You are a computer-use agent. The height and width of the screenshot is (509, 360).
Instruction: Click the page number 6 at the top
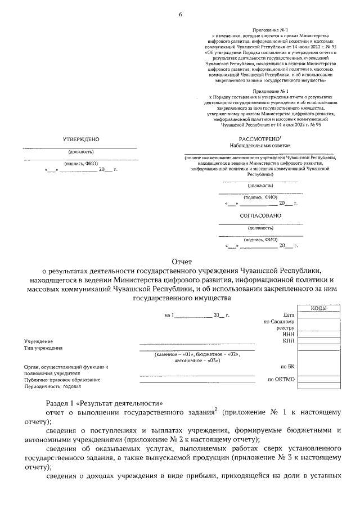[x=181, y=14]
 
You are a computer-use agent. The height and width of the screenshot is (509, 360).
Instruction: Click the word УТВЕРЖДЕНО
[x=81, y=138]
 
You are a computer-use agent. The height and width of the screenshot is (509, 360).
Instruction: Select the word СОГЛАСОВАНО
[x=260, y=215]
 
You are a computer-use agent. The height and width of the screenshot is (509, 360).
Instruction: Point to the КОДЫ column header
[x=319, y=308]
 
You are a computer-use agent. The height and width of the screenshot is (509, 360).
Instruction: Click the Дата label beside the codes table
[x=289, y=315]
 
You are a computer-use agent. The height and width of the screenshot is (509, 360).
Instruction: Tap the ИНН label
[x=289, y=334]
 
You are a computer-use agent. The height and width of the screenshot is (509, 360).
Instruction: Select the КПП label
[x=288, y=341]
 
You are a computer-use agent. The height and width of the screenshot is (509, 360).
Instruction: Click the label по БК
[x=287, y=367]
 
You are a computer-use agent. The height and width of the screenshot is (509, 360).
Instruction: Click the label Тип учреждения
[x=43, y=348]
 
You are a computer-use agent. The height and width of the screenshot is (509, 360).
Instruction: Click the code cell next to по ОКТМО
[x=319, y=380]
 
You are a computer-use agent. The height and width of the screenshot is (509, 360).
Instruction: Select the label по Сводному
[x=279, y=321]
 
